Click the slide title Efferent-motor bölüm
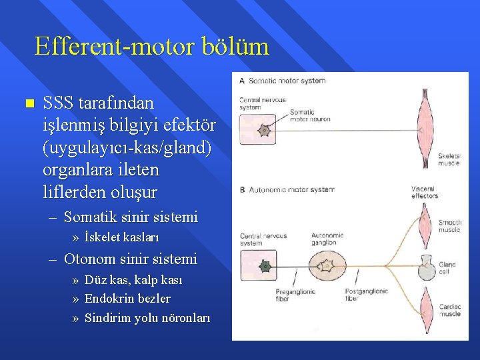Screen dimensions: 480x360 pos(151,47)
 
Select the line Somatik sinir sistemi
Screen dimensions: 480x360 pos(131,217)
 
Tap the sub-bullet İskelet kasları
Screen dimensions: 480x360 pos(121,237)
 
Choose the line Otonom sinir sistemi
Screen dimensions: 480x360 pos(130,258)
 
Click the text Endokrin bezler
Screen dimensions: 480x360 pos(127,299)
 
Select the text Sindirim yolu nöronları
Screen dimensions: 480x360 pos(147,318)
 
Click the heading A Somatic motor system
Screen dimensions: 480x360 pos(282,81)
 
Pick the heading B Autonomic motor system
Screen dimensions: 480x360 pos(287,190)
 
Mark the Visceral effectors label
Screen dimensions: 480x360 pos(425,193)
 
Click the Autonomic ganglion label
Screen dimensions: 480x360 pos(327,239)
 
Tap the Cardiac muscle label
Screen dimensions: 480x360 pos(449,310)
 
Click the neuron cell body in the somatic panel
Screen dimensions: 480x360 pos(264,131)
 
